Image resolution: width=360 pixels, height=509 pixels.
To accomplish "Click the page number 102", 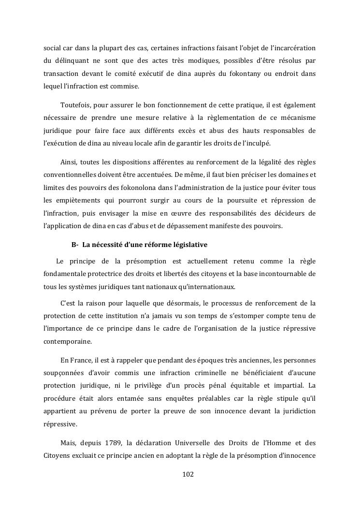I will [188, 474].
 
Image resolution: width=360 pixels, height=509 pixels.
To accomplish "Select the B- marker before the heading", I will [75, 245].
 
